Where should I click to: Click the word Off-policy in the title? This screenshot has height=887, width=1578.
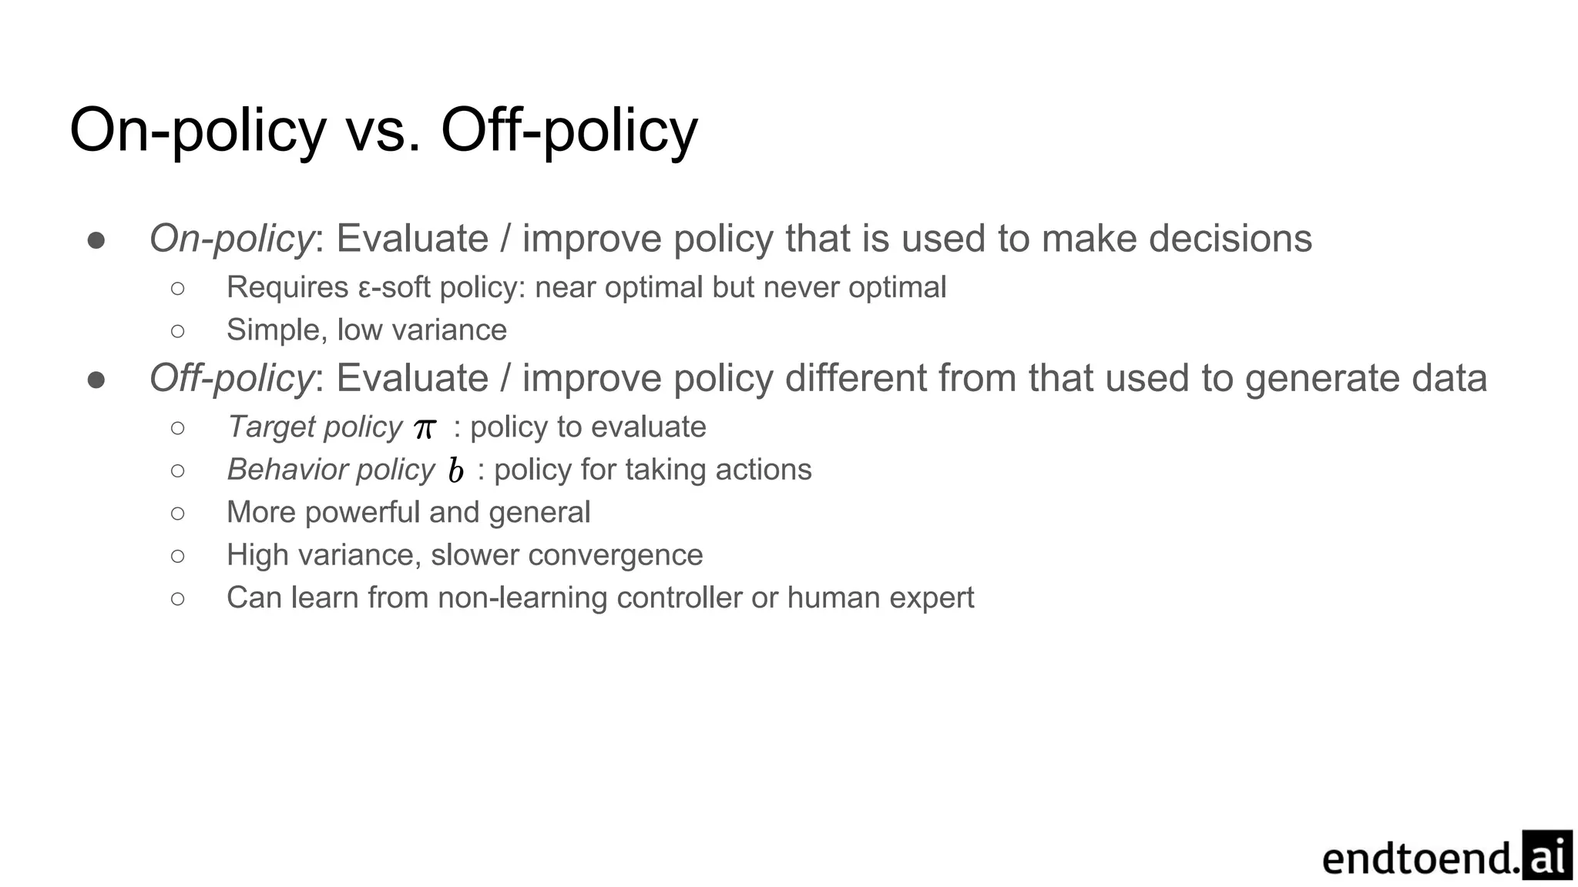(569, 130)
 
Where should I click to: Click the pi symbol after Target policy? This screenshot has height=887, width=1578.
(425, 428)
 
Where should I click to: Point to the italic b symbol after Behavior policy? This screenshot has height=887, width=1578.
(455, 470)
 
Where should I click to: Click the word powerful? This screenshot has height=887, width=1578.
(362, 513)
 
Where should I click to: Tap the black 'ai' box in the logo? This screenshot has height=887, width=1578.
(1547, 855)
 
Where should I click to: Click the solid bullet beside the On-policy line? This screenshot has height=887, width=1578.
(96, 240)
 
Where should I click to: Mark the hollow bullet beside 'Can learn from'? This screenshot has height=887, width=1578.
(178, 598)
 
